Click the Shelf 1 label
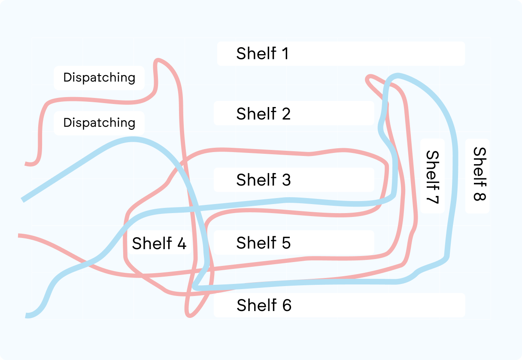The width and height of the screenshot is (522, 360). coord(262,54)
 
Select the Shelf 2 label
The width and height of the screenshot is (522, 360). coord(263,114)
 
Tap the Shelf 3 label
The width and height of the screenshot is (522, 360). coord(263,180)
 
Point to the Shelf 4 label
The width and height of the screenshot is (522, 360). coord(159,244)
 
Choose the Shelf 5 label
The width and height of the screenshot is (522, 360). coord(263,243)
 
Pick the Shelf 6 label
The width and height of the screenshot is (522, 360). coord(264,305)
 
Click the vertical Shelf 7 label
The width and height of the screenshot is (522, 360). coord(432,176)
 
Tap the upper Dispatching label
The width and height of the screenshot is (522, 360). coord(99,78)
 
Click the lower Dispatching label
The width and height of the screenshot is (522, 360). coord(99,123)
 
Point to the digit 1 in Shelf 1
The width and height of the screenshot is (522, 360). coord(284,54)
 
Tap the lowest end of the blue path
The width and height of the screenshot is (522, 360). coord(27,316)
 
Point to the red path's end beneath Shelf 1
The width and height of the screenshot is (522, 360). coord(368,79)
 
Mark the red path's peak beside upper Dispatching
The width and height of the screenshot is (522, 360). coord(159,60)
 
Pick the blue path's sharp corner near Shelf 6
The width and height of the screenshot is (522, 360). coord(194,287)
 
